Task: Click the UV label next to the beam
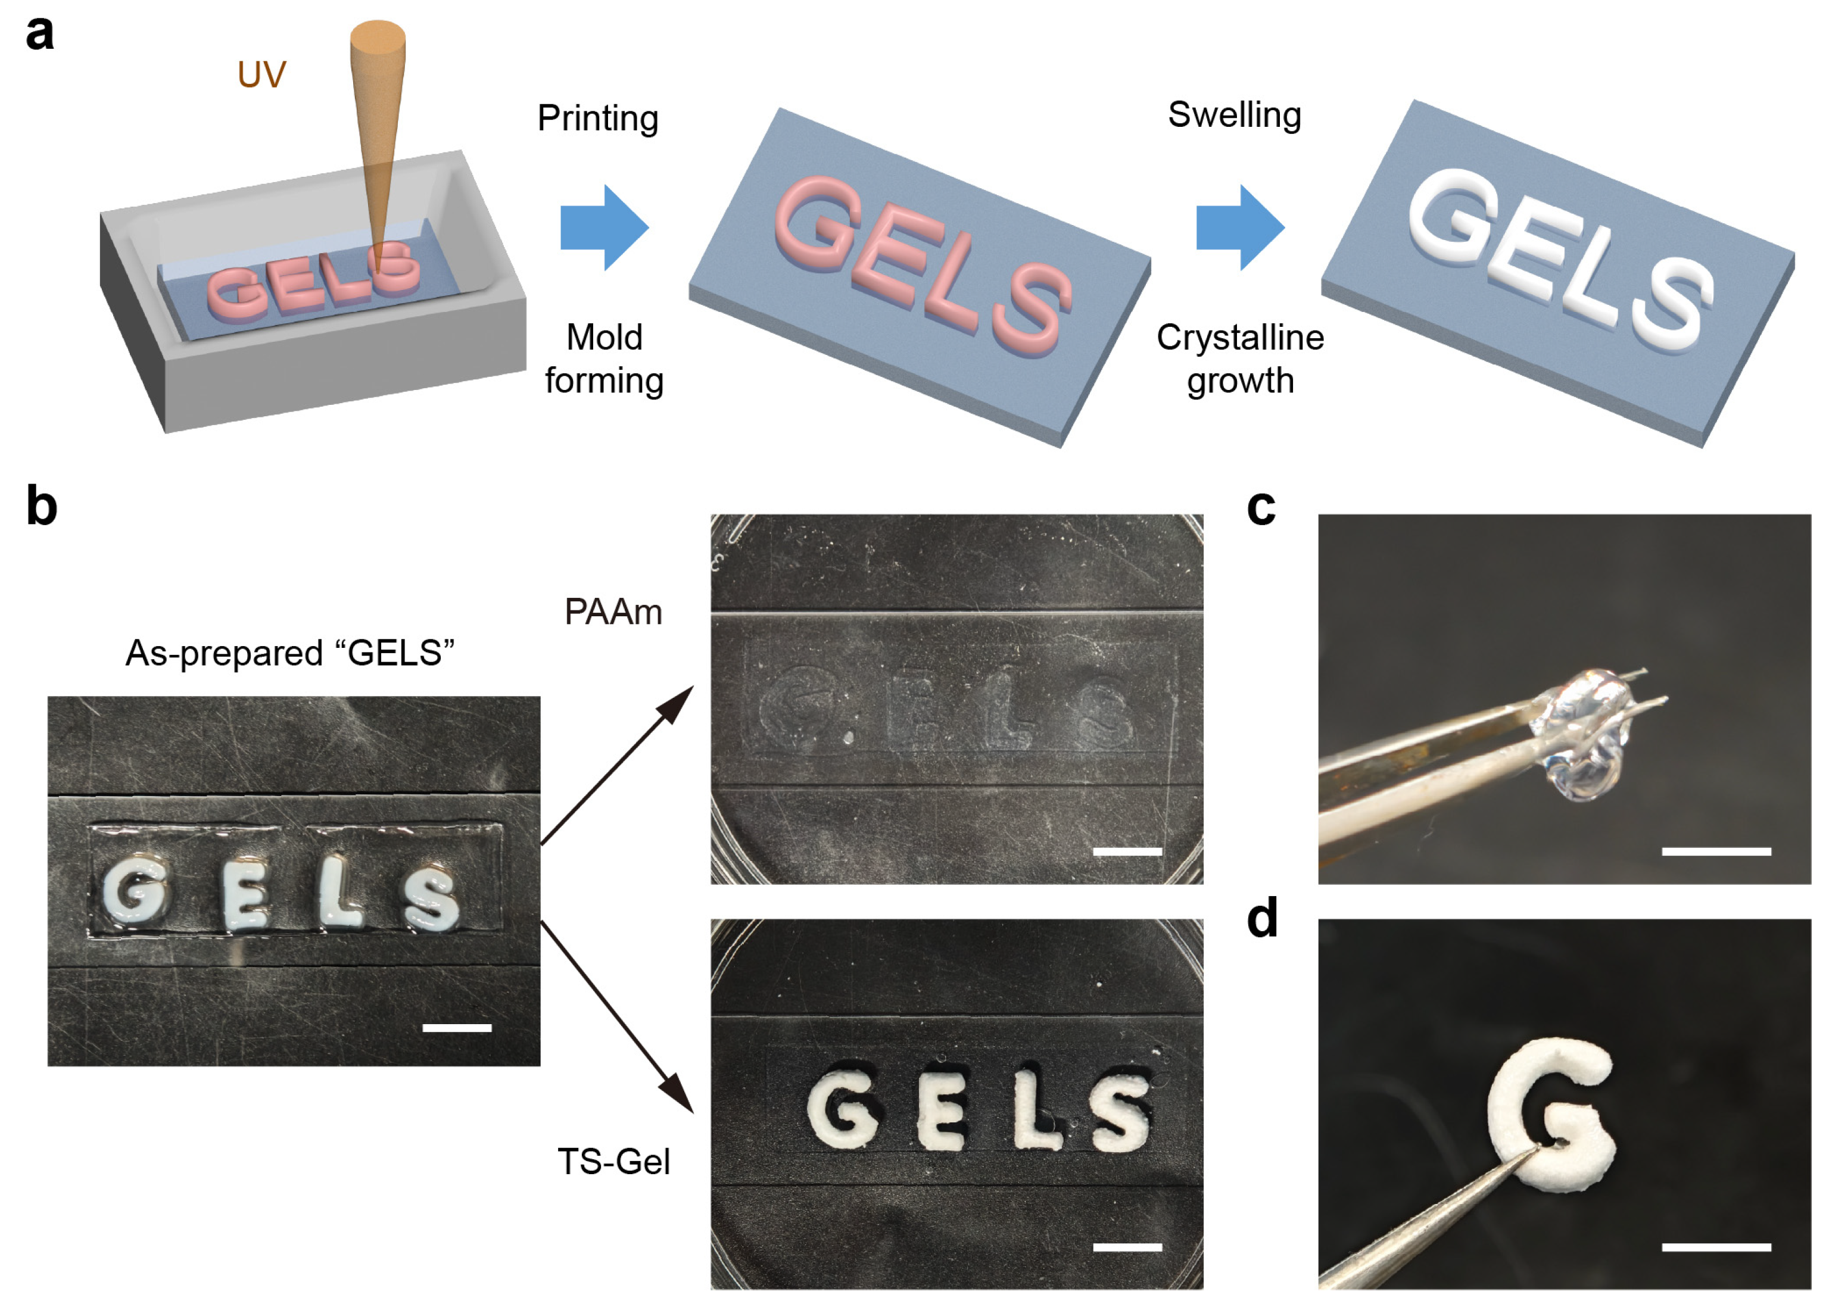(262, 74)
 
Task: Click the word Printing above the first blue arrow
(597, 119)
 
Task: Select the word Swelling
(1233, 115)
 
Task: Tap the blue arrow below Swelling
(1239, 227)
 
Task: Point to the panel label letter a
(39, 34)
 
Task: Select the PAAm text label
(613, 613)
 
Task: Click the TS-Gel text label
(613, 1162)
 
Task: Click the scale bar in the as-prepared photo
(456, 1028)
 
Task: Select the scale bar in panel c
(1715, 851)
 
